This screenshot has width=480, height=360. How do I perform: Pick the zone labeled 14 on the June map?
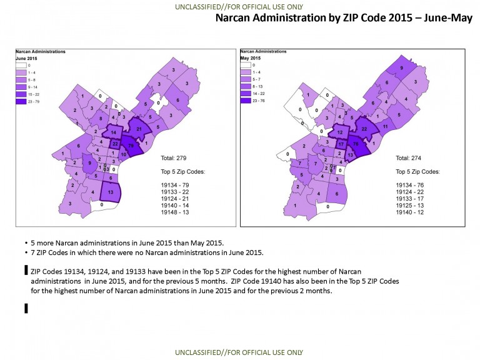click(x=113, y=133)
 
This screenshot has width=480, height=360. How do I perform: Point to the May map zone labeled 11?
click(x=386, y=127)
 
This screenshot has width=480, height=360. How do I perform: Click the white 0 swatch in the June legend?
click(x=22, y=64)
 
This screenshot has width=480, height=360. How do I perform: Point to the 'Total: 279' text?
click(x=174, y=158)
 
